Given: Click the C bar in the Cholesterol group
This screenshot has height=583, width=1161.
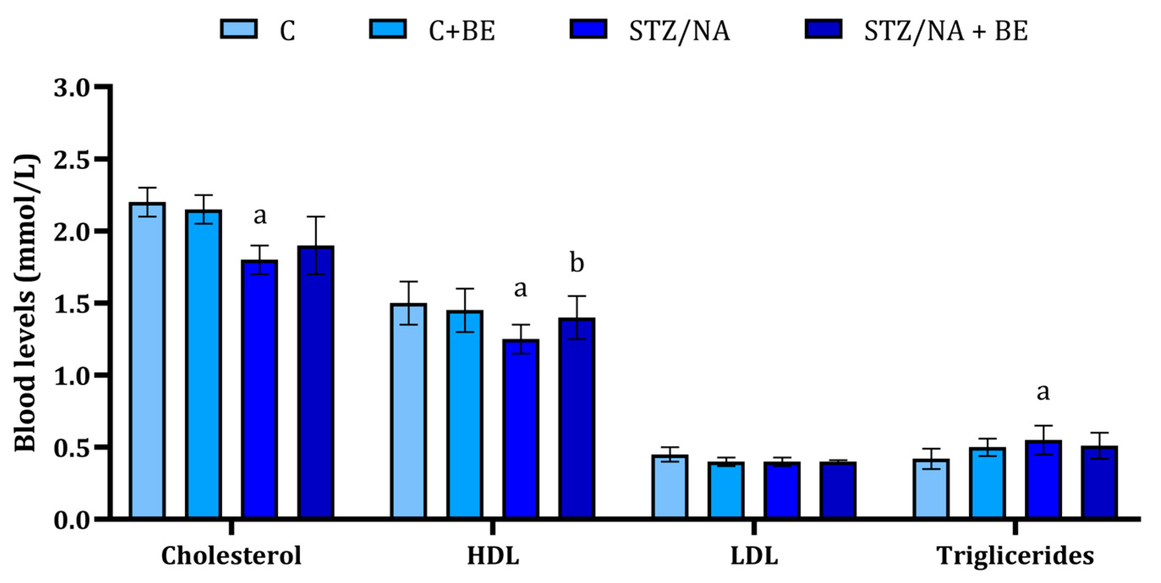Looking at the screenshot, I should [x=147, y=361].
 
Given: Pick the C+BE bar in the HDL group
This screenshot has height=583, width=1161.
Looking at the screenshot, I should [x=465, y=414].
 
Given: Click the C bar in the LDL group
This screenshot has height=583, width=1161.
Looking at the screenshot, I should [x=670, y=487].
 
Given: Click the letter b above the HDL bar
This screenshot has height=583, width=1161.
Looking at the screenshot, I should [x=577, y=263].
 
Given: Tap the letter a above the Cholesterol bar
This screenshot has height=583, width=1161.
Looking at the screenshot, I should [x=260, y=216].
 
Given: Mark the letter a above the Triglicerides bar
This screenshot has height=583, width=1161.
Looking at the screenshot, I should [x=1043, y=392].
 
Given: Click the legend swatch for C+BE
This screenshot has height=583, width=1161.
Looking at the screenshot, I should [x=388, y=29].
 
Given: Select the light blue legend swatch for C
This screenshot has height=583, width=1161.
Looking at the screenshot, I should [x=239, y=29].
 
